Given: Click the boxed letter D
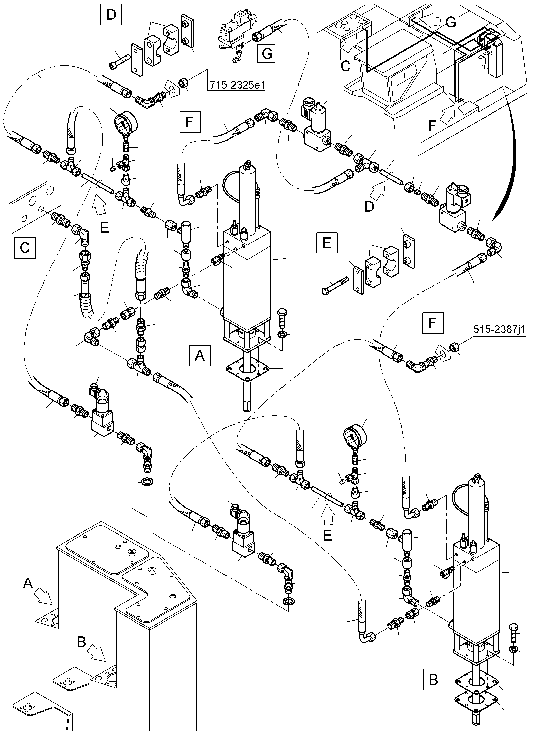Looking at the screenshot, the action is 111,15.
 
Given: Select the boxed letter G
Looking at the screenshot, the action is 266,53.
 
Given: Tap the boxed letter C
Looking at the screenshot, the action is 25,248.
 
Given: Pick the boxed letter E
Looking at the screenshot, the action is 327,242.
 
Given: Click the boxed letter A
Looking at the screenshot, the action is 200,356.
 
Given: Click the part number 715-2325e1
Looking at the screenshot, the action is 237,85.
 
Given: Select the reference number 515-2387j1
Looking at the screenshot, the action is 499,329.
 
